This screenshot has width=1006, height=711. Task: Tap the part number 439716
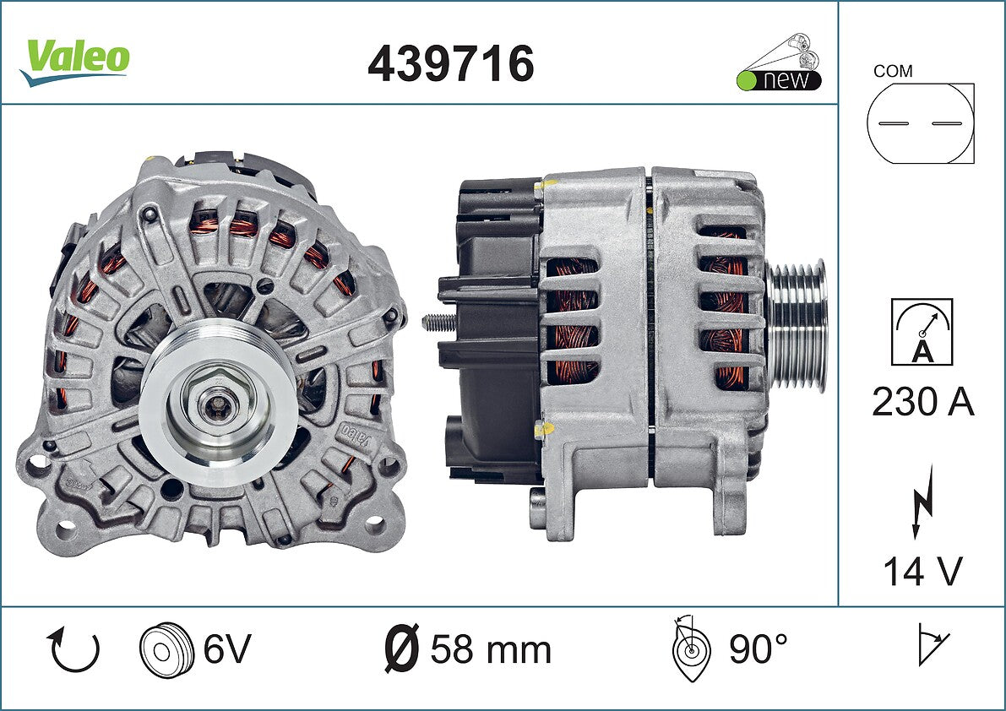(450, 63)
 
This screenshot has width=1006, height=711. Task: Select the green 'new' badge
(779, 62)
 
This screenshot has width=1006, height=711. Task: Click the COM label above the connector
(893, 71)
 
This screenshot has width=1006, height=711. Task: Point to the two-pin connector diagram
(920, 123)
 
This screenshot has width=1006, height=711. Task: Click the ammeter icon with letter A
(922, 332)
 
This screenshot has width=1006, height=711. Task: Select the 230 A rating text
(922, 403)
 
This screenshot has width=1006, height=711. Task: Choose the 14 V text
(922, 572)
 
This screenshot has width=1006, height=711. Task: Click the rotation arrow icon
(73, 649)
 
